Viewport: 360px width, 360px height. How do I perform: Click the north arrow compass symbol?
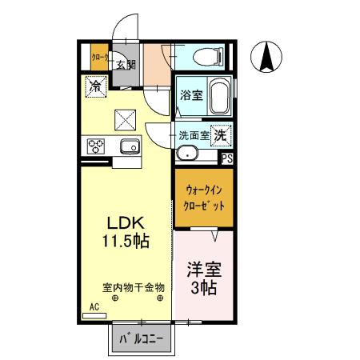(x=268, y=57)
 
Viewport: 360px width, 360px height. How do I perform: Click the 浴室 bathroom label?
(x=190, y=94)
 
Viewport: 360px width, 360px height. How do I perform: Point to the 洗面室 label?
(x=193, y=135)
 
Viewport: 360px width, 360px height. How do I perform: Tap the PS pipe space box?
(x=227, y=158)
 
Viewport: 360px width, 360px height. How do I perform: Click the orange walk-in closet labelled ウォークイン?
(x=204, y=197)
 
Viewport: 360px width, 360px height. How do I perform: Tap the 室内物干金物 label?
(x=133, y=286)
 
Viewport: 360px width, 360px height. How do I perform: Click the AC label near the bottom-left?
(x=94, y=306)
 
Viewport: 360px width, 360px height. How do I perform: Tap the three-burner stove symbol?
(x=97, y=146)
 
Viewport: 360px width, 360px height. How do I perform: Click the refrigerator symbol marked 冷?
(x=96, y=83)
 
